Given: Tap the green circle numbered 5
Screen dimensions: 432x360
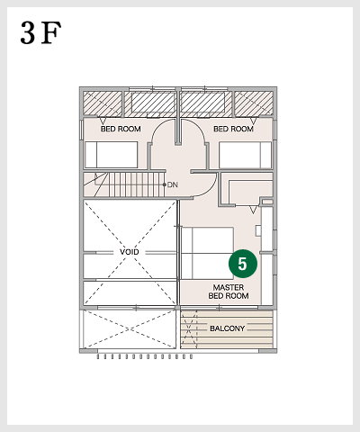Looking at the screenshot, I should click(243, 263).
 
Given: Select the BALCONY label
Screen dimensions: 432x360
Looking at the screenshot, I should click(227, 328).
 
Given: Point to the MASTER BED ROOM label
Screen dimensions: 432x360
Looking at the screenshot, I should click(229, 291).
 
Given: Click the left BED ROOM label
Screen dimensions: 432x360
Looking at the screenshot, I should click(120, 129).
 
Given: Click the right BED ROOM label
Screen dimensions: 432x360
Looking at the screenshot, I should click(235, 129).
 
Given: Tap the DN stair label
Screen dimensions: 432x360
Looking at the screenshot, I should click(174, 184).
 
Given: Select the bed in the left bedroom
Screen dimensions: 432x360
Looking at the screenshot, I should click(111, 155).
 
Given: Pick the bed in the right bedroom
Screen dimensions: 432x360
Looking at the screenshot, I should click(245, 155).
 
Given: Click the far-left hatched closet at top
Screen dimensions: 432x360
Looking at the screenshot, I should click(102, 104).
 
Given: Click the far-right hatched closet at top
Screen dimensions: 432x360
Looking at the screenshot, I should click(255, 104).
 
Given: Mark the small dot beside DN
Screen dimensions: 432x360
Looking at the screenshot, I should click(165, 184).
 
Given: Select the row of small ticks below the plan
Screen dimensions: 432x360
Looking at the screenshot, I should click(144, 356).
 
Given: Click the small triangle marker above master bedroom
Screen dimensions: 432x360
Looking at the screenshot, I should click(254, 209).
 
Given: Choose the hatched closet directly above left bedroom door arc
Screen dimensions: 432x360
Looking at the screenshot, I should click(153, 104).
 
